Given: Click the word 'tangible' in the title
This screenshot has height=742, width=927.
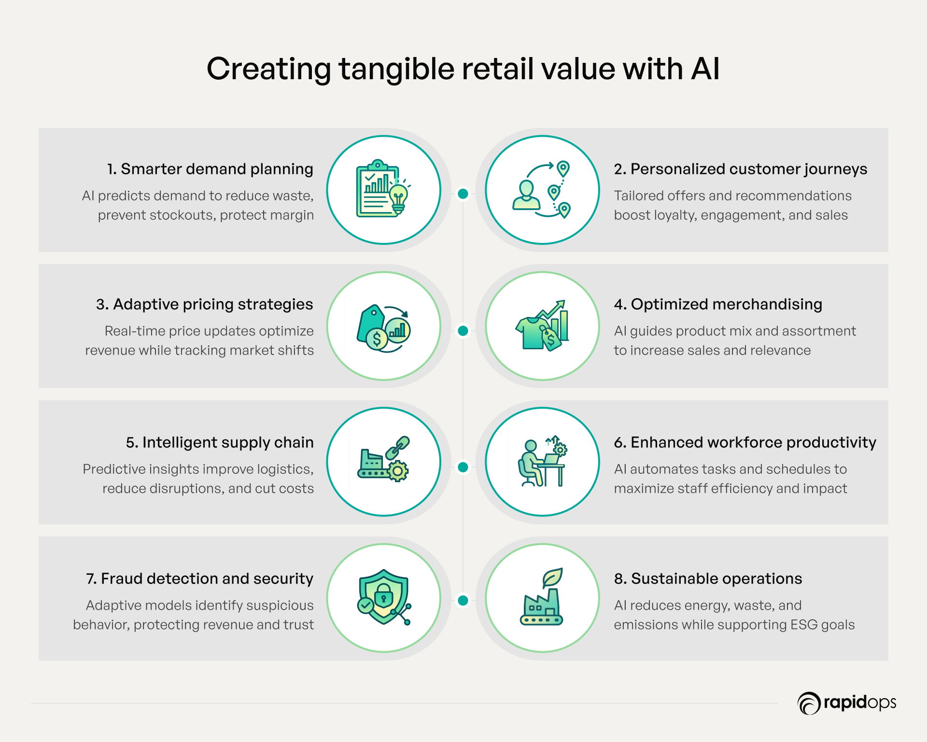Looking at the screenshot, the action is (x=396, y=70).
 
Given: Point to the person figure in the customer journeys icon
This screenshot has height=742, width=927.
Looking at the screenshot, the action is (x=526, y=195).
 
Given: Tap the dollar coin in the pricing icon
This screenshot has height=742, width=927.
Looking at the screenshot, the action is (x=377, y=339).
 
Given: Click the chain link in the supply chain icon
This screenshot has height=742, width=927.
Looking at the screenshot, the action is (x=398, y=447).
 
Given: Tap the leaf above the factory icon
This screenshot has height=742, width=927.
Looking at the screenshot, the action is (x=552, y=577).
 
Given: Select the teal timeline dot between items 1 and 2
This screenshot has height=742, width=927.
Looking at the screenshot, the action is (x=463, y=194).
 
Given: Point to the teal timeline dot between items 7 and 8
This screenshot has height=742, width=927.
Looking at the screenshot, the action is (x=463, y=600).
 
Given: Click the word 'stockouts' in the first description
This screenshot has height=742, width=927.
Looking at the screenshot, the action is (x=183, y=215).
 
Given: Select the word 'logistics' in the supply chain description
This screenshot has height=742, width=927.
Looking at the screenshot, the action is (x=285, y=470).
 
